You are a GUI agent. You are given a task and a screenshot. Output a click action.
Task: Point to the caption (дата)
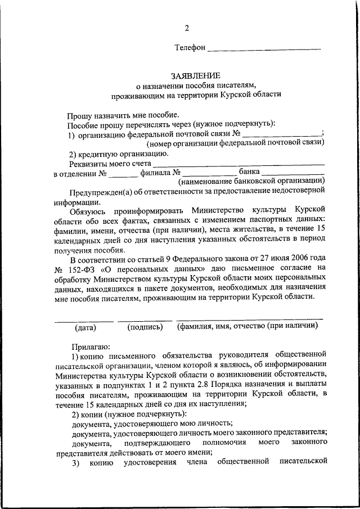[85, 327]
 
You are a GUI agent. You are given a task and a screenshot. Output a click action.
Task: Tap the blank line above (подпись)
[145, 319]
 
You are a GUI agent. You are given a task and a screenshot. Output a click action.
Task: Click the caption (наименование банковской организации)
[251, 181]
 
